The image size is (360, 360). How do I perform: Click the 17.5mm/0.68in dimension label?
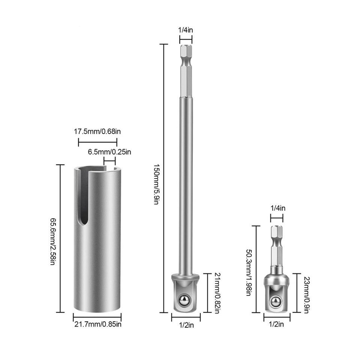pos(97,131)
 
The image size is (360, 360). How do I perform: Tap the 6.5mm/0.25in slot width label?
pos(109,152)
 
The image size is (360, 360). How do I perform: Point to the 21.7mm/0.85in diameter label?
pos(97,325)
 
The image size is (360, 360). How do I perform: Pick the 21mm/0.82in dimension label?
pos(216,293)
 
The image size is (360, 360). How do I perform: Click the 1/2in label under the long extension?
pos(186,325)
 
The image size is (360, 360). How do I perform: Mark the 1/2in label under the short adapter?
pos(276,325)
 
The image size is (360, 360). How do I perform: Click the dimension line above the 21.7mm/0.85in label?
pos(97,317)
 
